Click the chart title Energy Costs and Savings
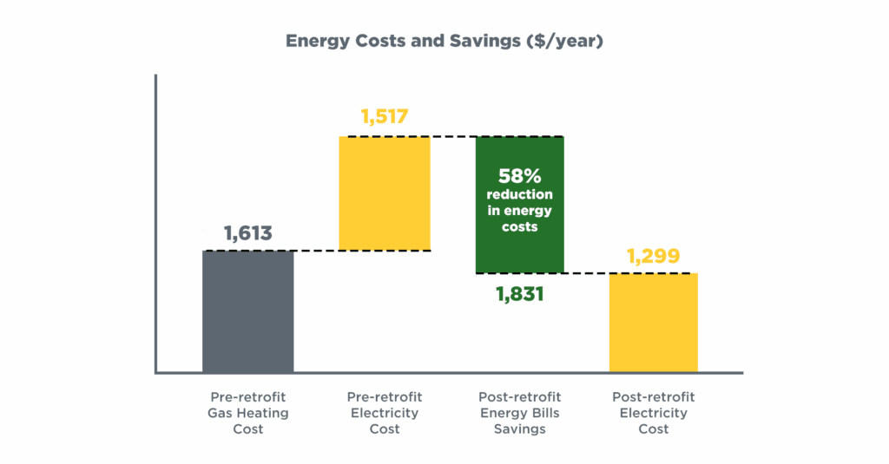coord(444,41)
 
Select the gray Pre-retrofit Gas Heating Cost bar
coord(248,311)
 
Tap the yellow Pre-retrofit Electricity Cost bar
coord(385,193)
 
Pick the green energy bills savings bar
coord(519,205)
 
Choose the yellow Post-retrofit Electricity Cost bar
coord(653,323)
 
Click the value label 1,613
coord(247,233)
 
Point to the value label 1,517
coord(384,117)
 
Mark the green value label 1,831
coord(519,294)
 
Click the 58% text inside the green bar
coord(519,174)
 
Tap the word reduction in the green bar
coord(519,194)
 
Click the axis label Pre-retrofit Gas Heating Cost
coord(247,413)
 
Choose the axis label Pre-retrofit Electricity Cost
coord(385,413)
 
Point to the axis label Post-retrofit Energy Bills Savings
coord(519,413)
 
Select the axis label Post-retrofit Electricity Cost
coord(653,413)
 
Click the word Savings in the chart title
coord(484,41)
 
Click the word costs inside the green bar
coord(519,226)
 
